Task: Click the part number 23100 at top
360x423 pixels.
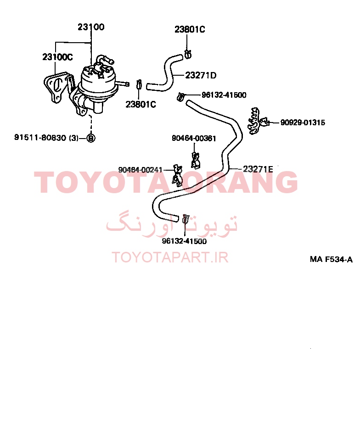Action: point(91,27)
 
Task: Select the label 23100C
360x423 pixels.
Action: point(57,57)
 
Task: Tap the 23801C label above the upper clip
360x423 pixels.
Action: point(190,29)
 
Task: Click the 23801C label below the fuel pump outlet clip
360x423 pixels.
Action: point(141,105)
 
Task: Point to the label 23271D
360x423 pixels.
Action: point(201,75)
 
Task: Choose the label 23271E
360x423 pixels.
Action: point(258,169)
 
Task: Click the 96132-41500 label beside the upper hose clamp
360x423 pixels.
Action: point(224,95)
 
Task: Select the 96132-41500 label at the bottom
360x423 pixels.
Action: point(184,241)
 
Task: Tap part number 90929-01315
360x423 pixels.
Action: point(303,122)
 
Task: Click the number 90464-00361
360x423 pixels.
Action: point(194,139)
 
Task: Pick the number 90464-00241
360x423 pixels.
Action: point(141,170)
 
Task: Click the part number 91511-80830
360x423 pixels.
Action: point(40,138)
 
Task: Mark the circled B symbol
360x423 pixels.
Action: point(91,138)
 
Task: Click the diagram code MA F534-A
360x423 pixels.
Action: point(331,260)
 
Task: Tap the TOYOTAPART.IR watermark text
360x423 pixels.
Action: point(170,257)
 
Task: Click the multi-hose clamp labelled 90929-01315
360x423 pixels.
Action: point(257,122)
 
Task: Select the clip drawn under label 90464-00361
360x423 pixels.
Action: point(195,160)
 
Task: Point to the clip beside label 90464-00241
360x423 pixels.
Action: point(177,176)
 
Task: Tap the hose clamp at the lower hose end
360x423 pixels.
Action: point(186,219)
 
